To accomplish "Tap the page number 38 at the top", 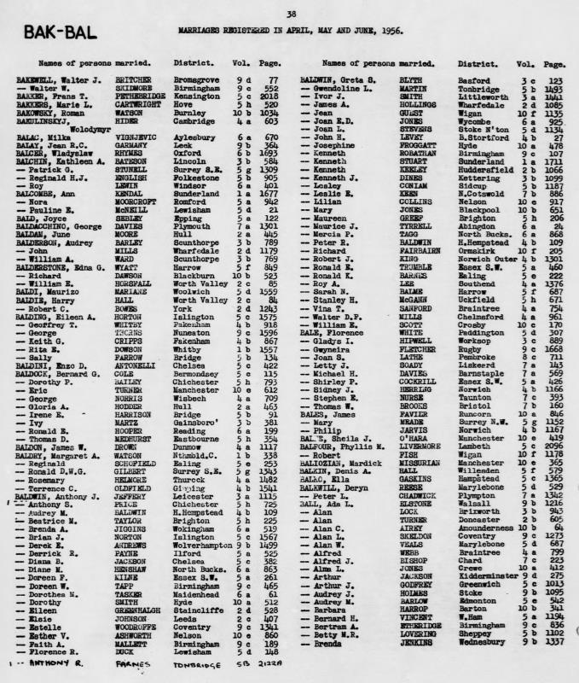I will click(x=291, y=14).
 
